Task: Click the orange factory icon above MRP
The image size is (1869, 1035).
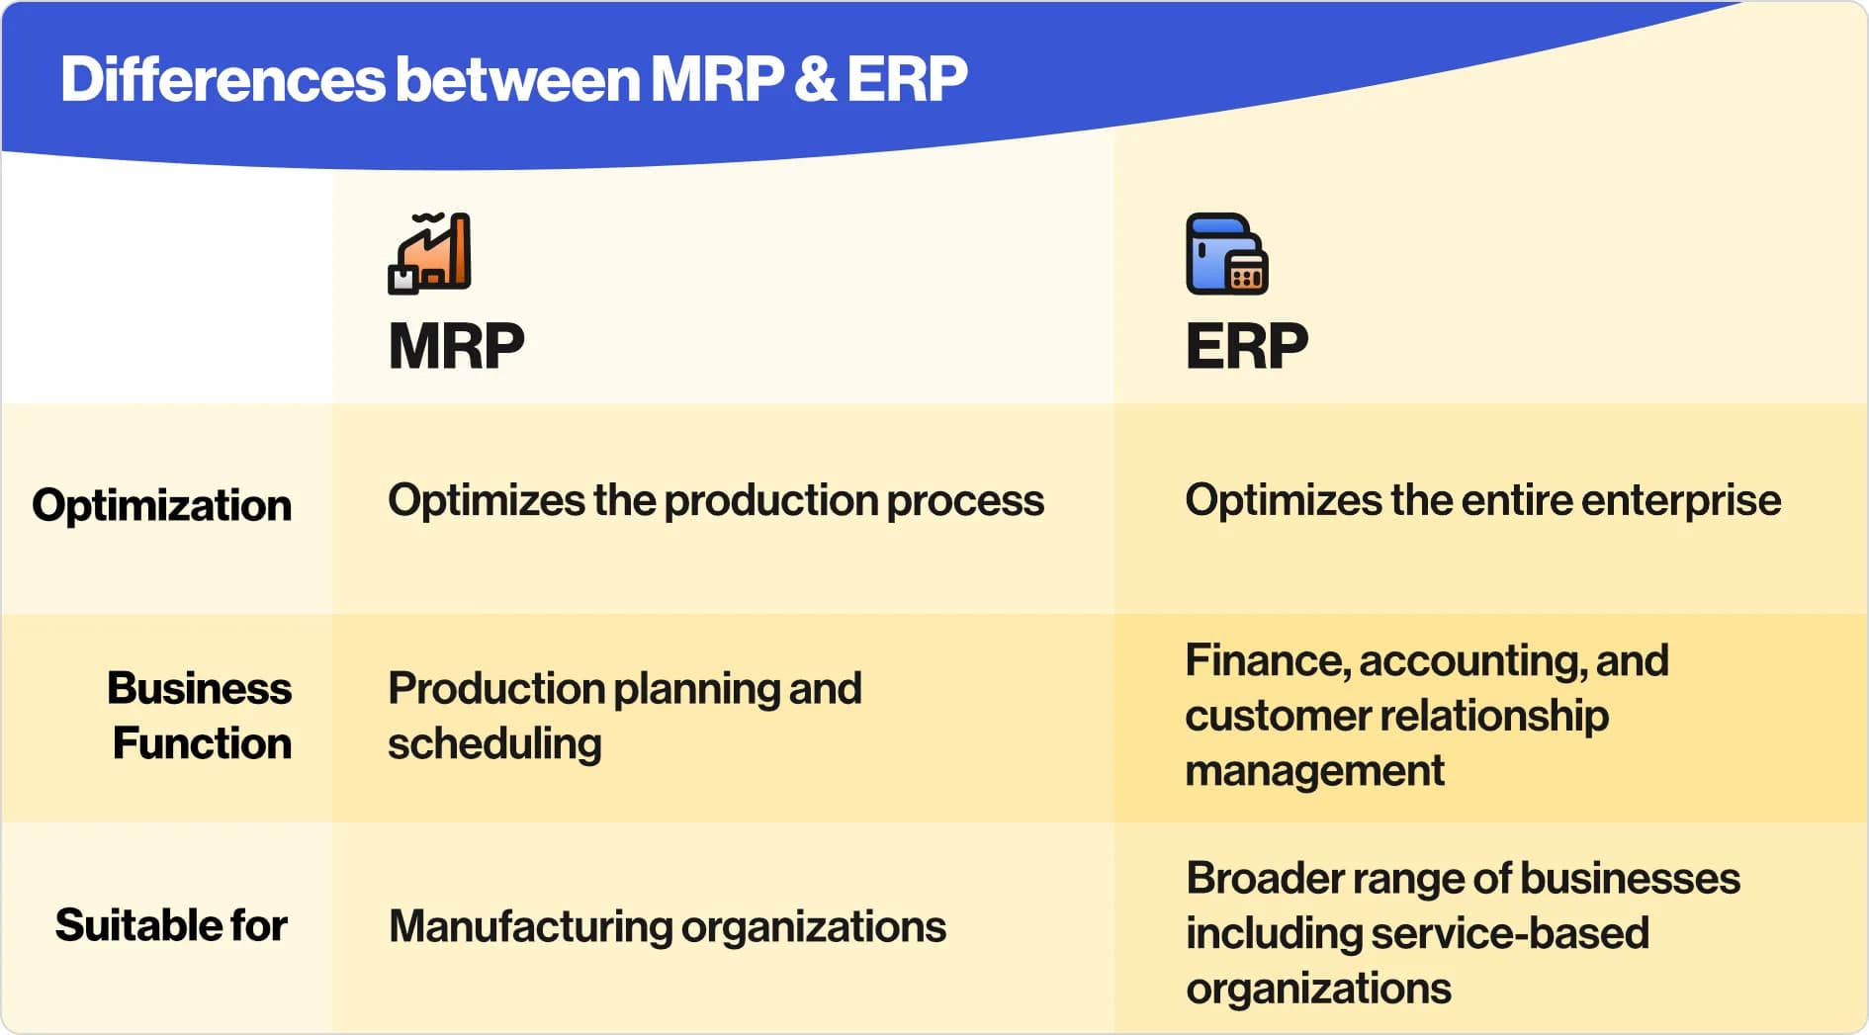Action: pos(429,253)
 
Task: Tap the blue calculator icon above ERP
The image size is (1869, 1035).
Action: pos(1226,253)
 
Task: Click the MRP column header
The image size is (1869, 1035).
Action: pos(456,346)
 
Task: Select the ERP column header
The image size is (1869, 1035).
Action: pos(1246,346)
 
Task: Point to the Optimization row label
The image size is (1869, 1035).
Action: pos(162,505)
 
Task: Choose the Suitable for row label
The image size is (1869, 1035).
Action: pos(171,925)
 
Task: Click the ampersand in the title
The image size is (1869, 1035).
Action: pos(814,79)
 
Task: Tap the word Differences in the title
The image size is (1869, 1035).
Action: pos(222,79)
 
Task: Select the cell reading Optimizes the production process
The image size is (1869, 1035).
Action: pos(716,500)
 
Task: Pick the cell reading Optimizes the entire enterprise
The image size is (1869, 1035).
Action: pos(1483,500)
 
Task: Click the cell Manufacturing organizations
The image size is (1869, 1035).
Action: pos(667,927)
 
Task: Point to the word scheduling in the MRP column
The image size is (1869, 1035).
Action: pos(494,743)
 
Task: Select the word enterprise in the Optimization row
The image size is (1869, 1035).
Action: pos(1681,500)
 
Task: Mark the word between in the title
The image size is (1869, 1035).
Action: pos(518,79)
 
